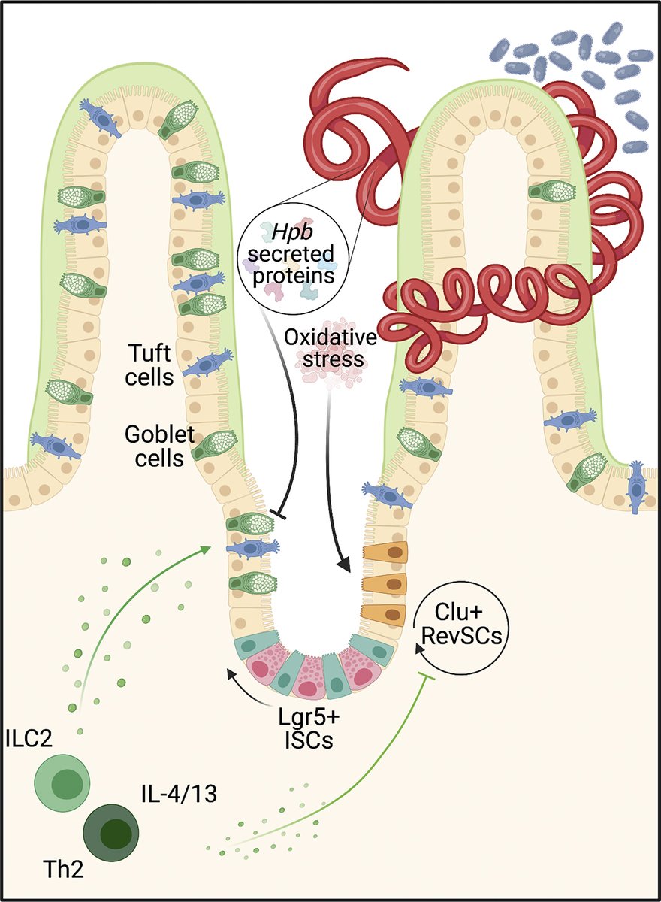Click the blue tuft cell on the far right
coord(636,487)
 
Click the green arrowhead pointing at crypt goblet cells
coord(206,549)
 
